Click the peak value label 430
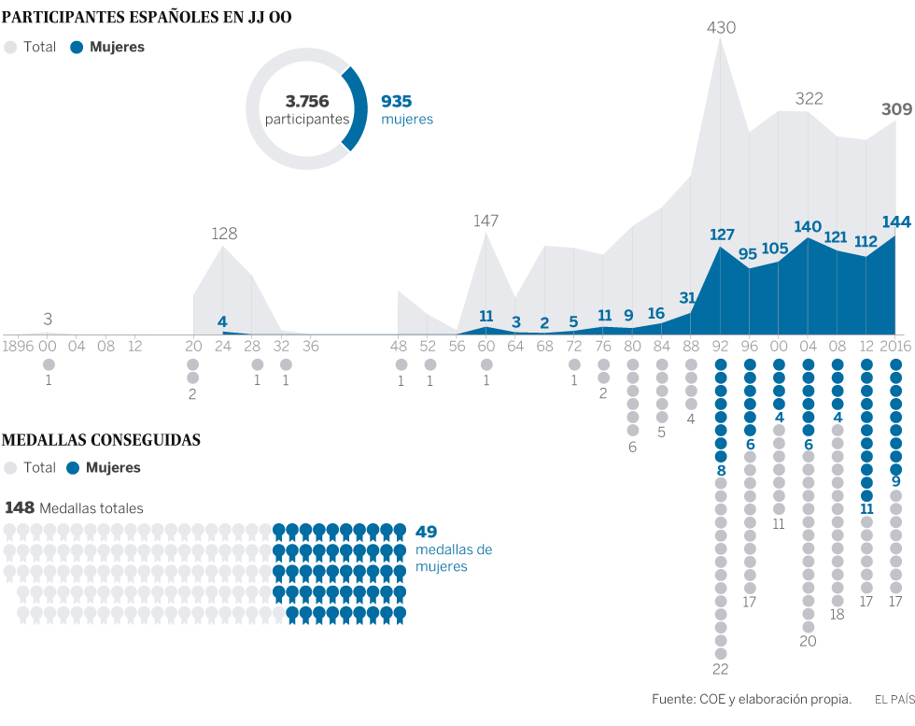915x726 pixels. [x=721, y=28]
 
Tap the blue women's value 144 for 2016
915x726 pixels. [x=896, y=221]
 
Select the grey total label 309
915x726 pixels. [x=896, y=110]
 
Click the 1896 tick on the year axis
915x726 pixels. [x=17, y=346]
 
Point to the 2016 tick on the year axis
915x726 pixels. [x=896, y=346]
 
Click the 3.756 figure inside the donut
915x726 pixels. [x=307, y=101]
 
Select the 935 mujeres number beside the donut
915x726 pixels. [x=397, y=101]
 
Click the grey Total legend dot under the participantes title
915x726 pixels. [x=10, y=47]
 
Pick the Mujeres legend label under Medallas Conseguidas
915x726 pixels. [x=113, y=467]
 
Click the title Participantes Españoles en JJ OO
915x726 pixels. [x=147, y=17]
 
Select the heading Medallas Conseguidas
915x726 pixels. [x=102, y=439]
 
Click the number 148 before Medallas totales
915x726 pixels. [x=20, y=508]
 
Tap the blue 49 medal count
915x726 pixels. [x=427, y=532]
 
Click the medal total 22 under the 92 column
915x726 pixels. [x=720, y=669]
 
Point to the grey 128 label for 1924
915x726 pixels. [x=224, y=234]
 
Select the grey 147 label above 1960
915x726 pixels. [x=486, y=221]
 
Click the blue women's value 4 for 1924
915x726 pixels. [x=222, y=322]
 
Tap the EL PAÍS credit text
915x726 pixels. [x=894, y=699]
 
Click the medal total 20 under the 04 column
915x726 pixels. [x=808, y=641]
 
